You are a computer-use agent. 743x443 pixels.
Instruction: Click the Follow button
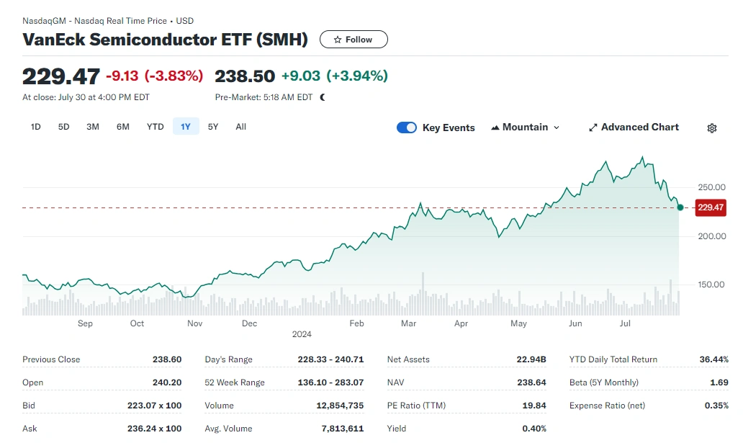pos(354,40)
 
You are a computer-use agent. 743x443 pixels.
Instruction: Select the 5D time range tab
pos(63,127)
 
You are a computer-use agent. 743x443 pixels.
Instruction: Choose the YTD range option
pos(155,127)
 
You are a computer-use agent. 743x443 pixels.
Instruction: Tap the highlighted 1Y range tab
pos(186,127)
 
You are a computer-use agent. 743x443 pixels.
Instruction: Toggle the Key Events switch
pos(407,127)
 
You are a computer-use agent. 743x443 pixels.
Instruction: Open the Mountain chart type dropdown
pos(525,127)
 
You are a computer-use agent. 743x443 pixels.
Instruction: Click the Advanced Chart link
pos(634,127)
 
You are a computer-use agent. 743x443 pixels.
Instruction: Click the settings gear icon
pos(711,128)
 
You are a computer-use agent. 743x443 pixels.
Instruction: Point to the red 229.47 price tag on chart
pos(711,207)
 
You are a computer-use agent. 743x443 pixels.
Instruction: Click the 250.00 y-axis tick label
pos(711,187)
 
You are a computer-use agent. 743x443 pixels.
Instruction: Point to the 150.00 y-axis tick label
pos(711,285)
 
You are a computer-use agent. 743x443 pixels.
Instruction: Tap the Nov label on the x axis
pos(194,323)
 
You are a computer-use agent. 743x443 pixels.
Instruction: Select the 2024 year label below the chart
pos(301,334)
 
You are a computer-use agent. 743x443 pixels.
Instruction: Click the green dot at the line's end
pos(680,207)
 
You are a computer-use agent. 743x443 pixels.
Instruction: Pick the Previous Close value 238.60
pos(166,359)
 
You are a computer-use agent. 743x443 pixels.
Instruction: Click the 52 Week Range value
pos(330,382)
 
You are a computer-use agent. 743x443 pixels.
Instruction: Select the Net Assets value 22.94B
pos(532,359)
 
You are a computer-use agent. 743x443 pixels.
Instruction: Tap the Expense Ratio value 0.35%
pos(716,406)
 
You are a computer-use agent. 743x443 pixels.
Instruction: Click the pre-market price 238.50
pos(245,76)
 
